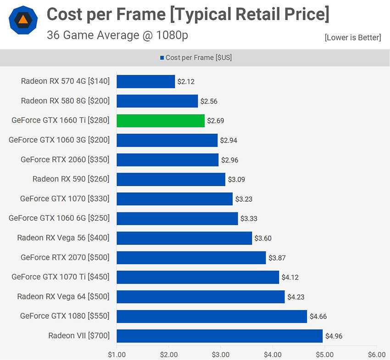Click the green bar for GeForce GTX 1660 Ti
(x=161, y=121)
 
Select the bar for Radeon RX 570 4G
(x=146, y=82)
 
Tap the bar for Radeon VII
(x=219, y=336)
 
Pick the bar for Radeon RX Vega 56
(x=184, y=238)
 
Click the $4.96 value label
(x=334, y=336)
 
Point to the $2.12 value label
(x=186, y=82)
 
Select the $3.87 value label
(x=277, y=258)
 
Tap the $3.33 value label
(x=249, y=219)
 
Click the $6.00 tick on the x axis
(x=377, y=354)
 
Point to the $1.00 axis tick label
(x=117, y=354)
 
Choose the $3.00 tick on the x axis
(x=221, y=354)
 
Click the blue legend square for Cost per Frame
(x=162, y=58)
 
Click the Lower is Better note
(x=352, y=38)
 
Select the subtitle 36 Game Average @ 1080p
(x=117, y=35)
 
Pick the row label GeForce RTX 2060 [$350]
(x=65, y=160)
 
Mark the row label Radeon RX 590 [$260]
(x=71, y=179)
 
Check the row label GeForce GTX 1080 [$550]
(x=65, y=316)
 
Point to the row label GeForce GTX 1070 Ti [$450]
(x=61, y=277)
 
